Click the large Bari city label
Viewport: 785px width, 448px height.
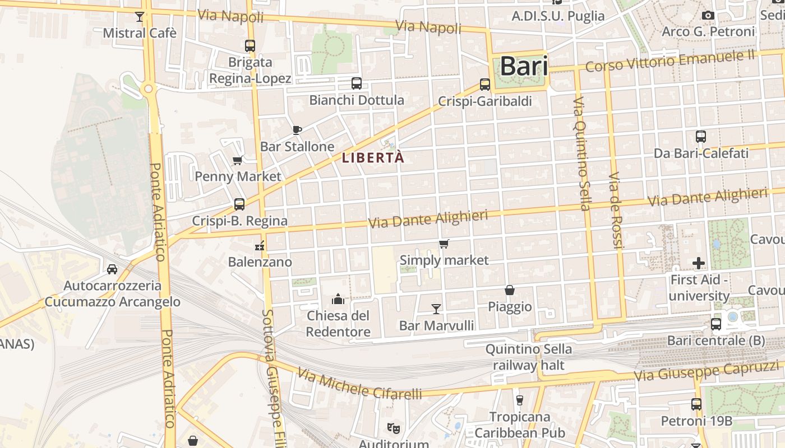[x=523, y=66]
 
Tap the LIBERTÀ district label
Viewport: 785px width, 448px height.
[x=373, y=157]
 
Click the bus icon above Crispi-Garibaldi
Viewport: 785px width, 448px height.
[x=485, y=85]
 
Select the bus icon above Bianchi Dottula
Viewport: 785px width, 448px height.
[x=356, y=83]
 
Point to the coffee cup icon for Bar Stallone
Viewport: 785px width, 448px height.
[x=297, y=130]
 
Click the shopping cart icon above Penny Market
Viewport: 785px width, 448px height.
[x=238, y=161]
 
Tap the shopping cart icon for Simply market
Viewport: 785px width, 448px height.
[x=444, y=244]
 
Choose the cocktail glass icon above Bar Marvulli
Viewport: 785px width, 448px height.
[x=436, y=309]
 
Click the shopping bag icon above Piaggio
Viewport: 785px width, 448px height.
[x=510, y=290]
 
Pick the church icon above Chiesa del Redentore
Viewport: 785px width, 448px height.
[x=338, y=299]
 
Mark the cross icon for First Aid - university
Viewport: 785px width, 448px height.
[x=699, y=263]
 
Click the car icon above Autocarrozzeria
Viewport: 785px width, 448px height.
[x=112, y=269]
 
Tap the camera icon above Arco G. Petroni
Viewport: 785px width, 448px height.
[x=708, y=15]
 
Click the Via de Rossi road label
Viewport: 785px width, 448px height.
[x=616, y=210]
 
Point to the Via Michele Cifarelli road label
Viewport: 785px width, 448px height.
[x=359, y=384]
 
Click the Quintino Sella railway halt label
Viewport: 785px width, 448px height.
[x=529, y=357]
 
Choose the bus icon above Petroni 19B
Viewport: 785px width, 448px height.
[x=696, y=404]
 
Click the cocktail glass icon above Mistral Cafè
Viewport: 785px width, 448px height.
[x=140, y=17]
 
